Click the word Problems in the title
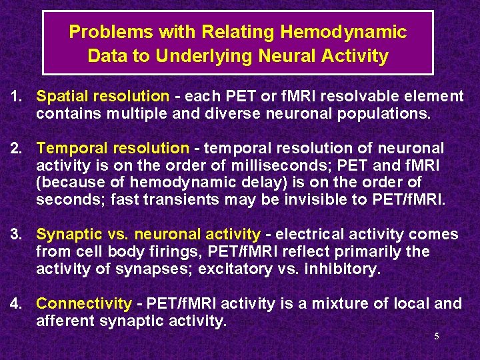[x=100, y=32]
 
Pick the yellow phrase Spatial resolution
[x=103, y=97]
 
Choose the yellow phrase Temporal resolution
[x=113, y=148]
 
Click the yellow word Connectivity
[x=84, y=304]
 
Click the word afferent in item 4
[x=64, y=321]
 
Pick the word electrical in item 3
[x=307, y=234]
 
